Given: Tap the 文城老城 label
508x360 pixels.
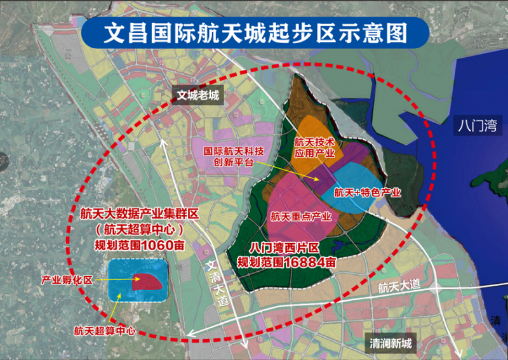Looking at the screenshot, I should (x=197, y=95).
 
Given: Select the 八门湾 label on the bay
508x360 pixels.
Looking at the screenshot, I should (x=477, y=125).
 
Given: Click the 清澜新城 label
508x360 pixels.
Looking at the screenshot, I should (x=391, y=344).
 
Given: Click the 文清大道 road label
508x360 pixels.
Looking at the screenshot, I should (x=217, y=284).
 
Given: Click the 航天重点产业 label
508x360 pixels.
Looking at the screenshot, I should (x=301, y=217).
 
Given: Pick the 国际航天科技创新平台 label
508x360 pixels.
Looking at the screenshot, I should (x=234, y=157).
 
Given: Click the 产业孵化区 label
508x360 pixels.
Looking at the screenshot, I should (x=67, y=279).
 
